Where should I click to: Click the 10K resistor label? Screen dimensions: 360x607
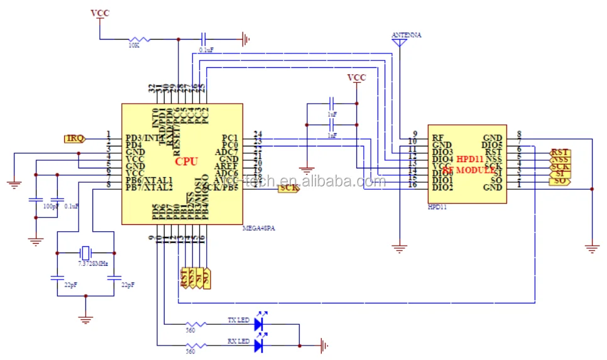134,46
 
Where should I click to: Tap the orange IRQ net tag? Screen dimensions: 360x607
74,138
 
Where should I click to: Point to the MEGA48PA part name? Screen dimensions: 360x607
259,229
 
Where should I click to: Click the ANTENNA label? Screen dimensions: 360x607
407,35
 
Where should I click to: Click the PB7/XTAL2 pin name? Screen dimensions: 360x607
149,187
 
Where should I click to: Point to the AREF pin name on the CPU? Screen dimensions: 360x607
226,166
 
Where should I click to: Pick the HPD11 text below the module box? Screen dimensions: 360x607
437,207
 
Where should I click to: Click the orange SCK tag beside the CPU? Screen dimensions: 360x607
288,188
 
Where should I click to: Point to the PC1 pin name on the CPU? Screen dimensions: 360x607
229,138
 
